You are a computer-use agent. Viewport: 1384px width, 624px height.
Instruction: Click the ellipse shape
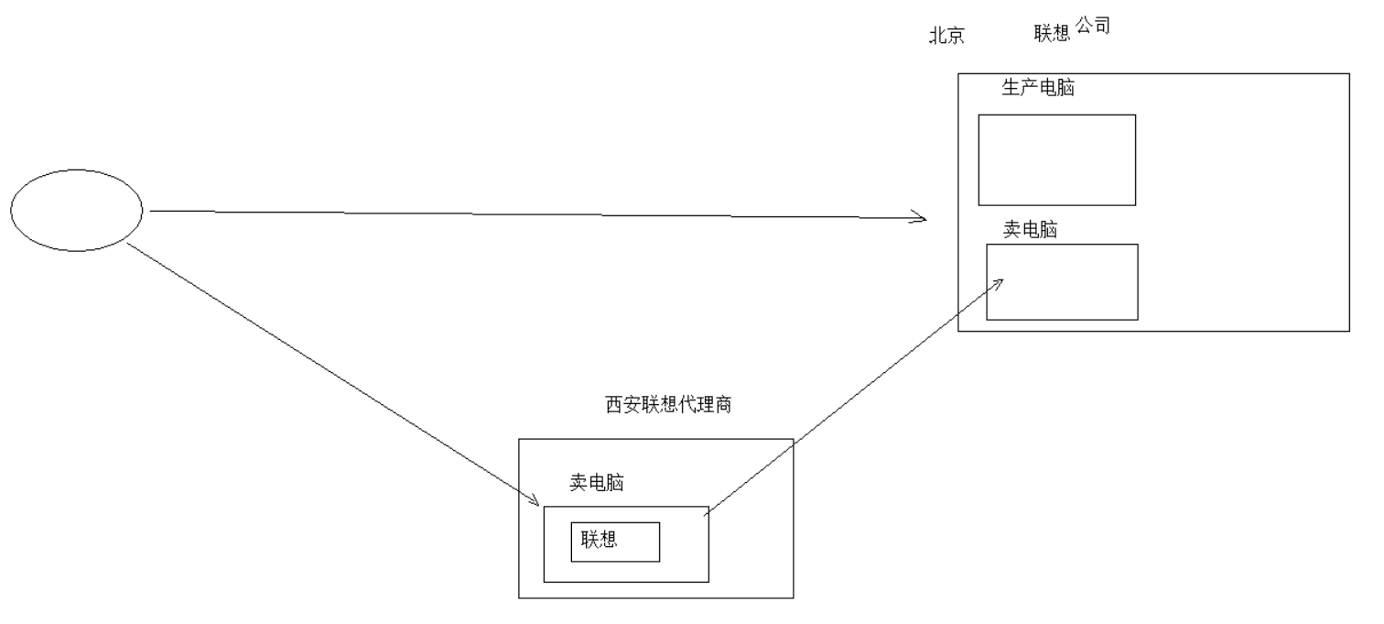77,210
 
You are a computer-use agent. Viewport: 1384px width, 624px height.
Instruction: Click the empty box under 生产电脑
1056,159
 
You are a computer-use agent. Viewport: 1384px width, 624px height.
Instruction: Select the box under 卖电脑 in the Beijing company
1062,281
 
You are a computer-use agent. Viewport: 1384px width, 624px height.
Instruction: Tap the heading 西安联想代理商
668,405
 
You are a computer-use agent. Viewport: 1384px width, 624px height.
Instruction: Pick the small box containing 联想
615,542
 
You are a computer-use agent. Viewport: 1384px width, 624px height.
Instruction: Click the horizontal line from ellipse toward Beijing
531,214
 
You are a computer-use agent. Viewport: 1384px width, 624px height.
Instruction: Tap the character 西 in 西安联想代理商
612,405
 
